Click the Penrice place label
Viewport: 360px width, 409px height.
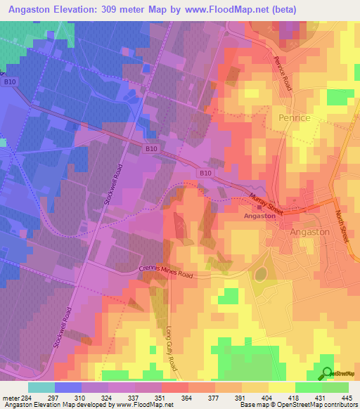point(294,117)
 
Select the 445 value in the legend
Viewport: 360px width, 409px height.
point(345,398)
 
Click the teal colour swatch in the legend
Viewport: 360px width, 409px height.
point(41,387)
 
